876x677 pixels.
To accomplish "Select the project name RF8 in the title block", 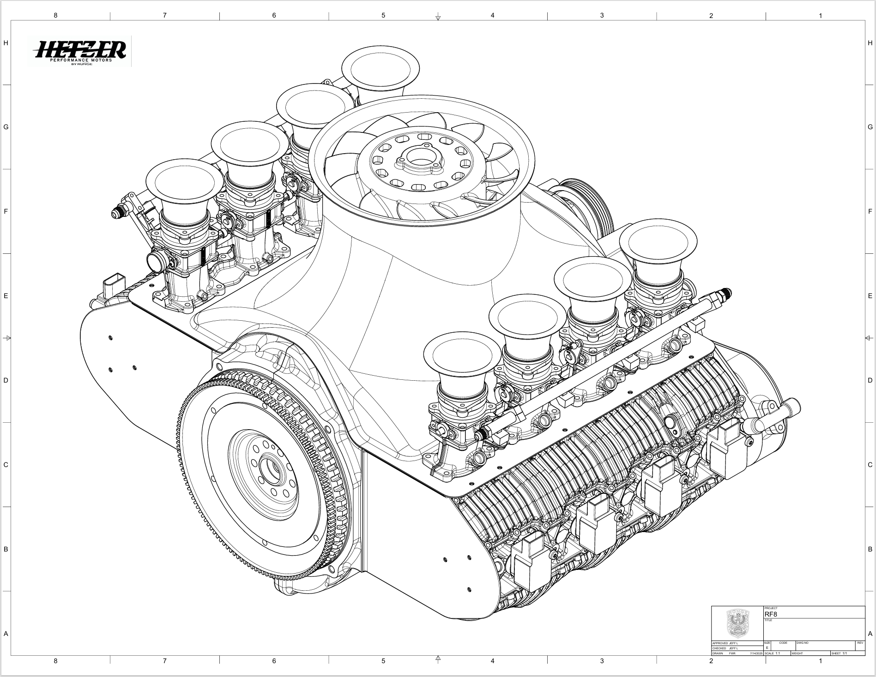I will [771, 614].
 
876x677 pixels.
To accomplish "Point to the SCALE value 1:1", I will [778, 653].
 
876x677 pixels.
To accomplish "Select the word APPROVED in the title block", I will [720, 643].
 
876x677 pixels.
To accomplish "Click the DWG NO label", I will [802, 643].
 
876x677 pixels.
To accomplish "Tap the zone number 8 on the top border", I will [55, 15].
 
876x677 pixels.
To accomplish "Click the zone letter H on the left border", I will [6, 43].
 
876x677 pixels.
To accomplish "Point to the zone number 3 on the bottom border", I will [602, 661].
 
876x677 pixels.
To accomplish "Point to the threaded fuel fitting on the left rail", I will [118, 213].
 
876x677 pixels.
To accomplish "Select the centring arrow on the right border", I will [869, 338].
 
